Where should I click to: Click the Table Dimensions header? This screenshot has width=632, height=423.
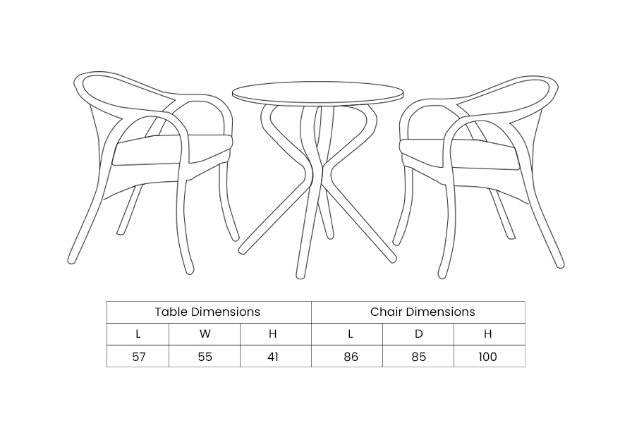tap(207, 312)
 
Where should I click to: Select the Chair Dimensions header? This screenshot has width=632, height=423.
tap(423, 312)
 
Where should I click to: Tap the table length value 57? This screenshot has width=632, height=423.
tap(139, 357)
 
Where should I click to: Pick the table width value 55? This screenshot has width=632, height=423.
tap(205, 357)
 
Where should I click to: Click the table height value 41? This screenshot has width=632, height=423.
tap(273, 357)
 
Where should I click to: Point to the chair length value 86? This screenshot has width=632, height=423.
tap(351, 357)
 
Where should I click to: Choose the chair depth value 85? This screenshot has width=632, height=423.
tap(419, 357)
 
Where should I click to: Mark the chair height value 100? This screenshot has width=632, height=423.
tap(487, 357)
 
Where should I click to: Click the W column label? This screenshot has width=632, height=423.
tap(205, 334)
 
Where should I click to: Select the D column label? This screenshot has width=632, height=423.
tap(419, 334)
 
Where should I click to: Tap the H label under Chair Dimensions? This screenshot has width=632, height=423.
tap(487, 334)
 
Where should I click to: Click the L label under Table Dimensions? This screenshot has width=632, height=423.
tap(138, 334)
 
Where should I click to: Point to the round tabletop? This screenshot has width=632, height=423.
tap(317, 93)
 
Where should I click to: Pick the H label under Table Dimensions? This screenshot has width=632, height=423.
tap(273, 334)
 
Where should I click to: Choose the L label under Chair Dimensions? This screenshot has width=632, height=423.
tap(351, 334)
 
